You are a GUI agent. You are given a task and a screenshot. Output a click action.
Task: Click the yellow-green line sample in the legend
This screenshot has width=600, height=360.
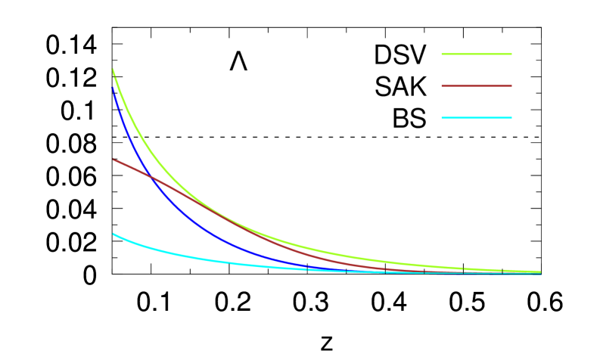[477, 54]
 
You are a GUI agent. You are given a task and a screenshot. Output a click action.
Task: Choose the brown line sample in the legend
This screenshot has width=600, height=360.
[477, 86]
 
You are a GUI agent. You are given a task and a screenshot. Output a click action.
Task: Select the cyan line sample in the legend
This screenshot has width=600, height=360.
[477, 118]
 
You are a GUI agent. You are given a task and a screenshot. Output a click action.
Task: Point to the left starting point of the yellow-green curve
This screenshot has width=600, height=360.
[113, 70]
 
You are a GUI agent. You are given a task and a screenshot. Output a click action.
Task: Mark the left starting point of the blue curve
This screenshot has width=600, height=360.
[113, 89]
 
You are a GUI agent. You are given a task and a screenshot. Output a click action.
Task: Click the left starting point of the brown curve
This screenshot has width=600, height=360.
[113, 160]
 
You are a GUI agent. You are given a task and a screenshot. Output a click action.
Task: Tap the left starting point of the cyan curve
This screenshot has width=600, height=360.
[113, 234]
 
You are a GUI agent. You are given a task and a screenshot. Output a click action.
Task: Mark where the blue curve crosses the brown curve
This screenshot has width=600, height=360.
[151, 177]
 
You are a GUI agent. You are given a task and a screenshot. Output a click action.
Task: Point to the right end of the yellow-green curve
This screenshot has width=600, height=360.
[540, 272]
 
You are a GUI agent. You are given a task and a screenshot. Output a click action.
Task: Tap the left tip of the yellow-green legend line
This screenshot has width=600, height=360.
[442, 54]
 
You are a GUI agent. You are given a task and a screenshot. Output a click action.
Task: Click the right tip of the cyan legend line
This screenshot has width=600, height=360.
[511, 118]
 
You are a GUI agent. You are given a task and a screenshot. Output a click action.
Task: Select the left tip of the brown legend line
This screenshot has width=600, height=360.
[442, 86]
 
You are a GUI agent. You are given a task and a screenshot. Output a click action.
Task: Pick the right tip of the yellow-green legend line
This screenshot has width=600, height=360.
[511, 54]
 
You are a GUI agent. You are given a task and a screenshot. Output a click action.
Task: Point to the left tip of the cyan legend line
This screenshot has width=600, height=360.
[442, 118]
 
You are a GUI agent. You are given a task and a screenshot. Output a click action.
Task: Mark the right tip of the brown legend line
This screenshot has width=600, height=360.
[511, 86]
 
